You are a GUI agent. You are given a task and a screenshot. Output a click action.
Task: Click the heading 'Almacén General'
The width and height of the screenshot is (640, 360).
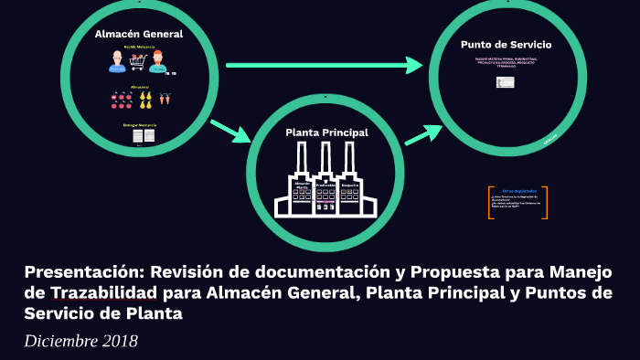pos(139,34)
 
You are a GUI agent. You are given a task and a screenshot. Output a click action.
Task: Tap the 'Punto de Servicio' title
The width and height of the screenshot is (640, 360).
pos(506,44)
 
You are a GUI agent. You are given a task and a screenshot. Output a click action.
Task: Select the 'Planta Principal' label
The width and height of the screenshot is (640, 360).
pos(326,132)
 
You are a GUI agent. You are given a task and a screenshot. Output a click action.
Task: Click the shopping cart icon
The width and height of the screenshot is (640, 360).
pos(138,61)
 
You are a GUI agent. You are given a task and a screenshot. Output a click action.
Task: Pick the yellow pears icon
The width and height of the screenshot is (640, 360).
pos(144,98)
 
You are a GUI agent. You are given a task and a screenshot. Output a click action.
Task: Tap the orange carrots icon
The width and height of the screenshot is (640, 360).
pos(165,98)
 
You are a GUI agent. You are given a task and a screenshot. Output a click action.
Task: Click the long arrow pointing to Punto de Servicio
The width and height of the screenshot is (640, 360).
pos(325,65)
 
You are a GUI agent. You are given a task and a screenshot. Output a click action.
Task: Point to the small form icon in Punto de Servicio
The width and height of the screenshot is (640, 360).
pos(505,82)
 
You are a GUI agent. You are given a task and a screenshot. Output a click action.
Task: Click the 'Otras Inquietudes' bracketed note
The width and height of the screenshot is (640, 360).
pos(517,202)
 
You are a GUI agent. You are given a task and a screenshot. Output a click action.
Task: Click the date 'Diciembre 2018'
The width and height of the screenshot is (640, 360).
pos(81,342)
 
